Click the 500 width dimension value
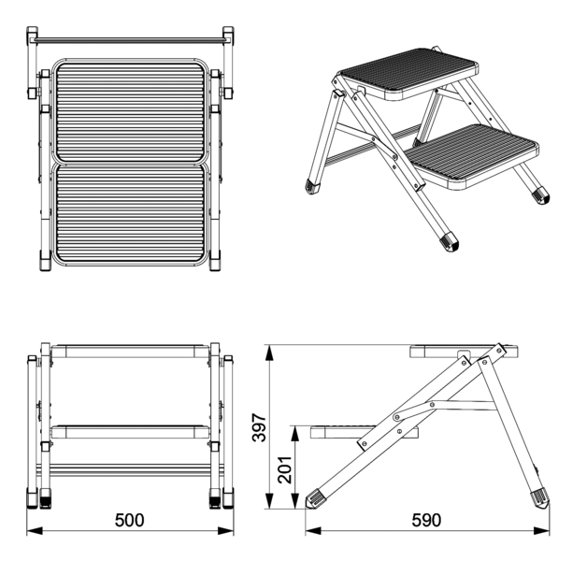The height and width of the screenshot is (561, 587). coord(129,520)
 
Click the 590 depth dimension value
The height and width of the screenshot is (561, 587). coord(426,520)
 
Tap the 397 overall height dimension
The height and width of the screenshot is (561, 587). coord(259,427)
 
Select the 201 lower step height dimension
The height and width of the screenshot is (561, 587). coord(285,469)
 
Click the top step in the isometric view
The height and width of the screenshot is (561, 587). coord(408,73)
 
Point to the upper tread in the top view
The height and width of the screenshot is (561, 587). coord(130,111)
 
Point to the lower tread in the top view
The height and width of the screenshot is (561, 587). coord(130,214)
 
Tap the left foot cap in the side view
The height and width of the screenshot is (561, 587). coord(315,498)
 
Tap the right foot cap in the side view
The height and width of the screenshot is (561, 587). coord(540,498)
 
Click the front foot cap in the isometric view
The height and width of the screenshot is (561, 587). coord(450,241)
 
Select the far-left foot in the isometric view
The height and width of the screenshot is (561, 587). coord(313,186)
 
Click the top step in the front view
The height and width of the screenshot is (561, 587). coord(130,352)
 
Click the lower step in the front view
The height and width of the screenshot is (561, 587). coord(130,432)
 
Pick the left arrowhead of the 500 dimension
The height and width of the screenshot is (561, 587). coord(35,531)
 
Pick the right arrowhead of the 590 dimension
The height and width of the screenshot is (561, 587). coord(542,531)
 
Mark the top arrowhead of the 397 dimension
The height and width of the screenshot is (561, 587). coord(269,352)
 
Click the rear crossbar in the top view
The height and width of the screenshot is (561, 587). coord(130,39)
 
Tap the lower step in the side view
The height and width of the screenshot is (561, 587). coord(364,432)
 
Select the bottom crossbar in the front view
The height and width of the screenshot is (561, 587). coord(130,469)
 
